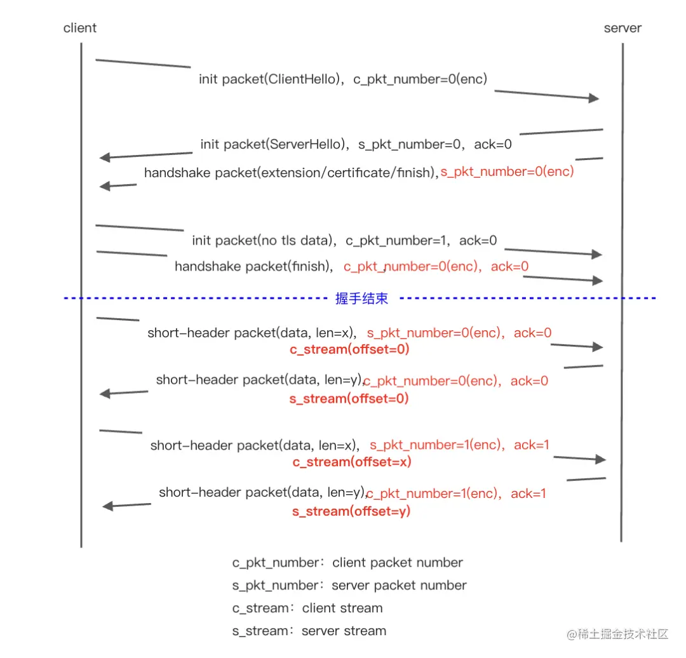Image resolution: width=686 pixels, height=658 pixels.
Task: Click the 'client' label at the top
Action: click(79, 28)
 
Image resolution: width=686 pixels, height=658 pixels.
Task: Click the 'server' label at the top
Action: click(622, 28)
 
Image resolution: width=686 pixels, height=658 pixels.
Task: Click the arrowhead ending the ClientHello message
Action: click(594, 98)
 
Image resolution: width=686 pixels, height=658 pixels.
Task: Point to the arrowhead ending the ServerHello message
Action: click(105, 157)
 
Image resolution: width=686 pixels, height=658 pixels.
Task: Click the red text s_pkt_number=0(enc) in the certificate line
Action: click(507, 171)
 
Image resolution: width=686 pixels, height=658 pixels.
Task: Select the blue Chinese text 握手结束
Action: click(362, 299)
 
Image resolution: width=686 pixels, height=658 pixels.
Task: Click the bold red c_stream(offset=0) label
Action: click(349, 349)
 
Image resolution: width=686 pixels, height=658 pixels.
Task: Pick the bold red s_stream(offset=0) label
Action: click(349, 399)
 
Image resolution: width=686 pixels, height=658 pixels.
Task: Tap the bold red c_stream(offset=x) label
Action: click(352, 462)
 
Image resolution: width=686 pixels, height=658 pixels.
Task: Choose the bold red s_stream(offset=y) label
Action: click(351, 511)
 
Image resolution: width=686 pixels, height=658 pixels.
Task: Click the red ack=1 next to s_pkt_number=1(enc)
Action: click(532, 445)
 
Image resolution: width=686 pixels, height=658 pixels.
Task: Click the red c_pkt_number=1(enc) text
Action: click(433, 494)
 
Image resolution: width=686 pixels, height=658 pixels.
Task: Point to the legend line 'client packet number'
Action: click(397, 563)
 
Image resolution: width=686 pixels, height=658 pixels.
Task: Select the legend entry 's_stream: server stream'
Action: click(309, 631)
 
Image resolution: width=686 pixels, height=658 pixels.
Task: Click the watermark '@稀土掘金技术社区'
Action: click(618, 634)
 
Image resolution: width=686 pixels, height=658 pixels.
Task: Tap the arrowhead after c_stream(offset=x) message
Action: click(600, 459)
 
